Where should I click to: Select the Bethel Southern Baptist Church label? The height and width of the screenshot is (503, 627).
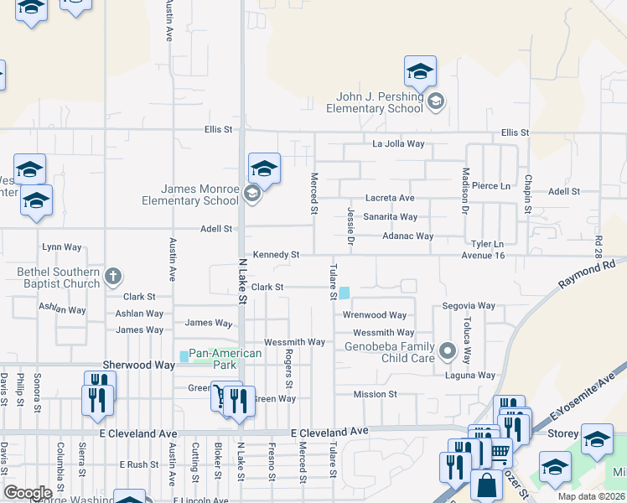point(52,277)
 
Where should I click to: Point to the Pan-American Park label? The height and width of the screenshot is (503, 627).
point(225,359)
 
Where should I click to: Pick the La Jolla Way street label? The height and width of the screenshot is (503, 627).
point(399,144)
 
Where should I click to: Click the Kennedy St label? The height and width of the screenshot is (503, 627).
point(276,254)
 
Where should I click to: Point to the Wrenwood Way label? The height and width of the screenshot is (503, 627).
point(374,316)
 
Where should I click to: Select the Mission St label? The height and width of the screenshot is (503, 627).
point(375,394)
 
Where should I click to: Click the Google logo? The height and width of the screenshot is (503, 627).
point(28,492)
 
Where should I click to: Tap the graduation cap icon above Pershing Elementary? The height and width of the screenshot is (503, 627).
point(420,71)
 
